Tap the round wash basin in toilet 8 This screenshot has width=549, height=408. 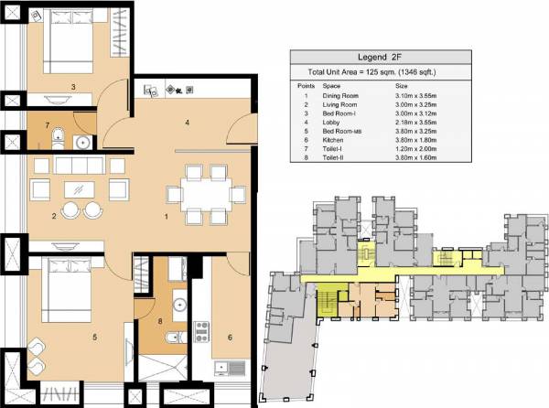[180, 304]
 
